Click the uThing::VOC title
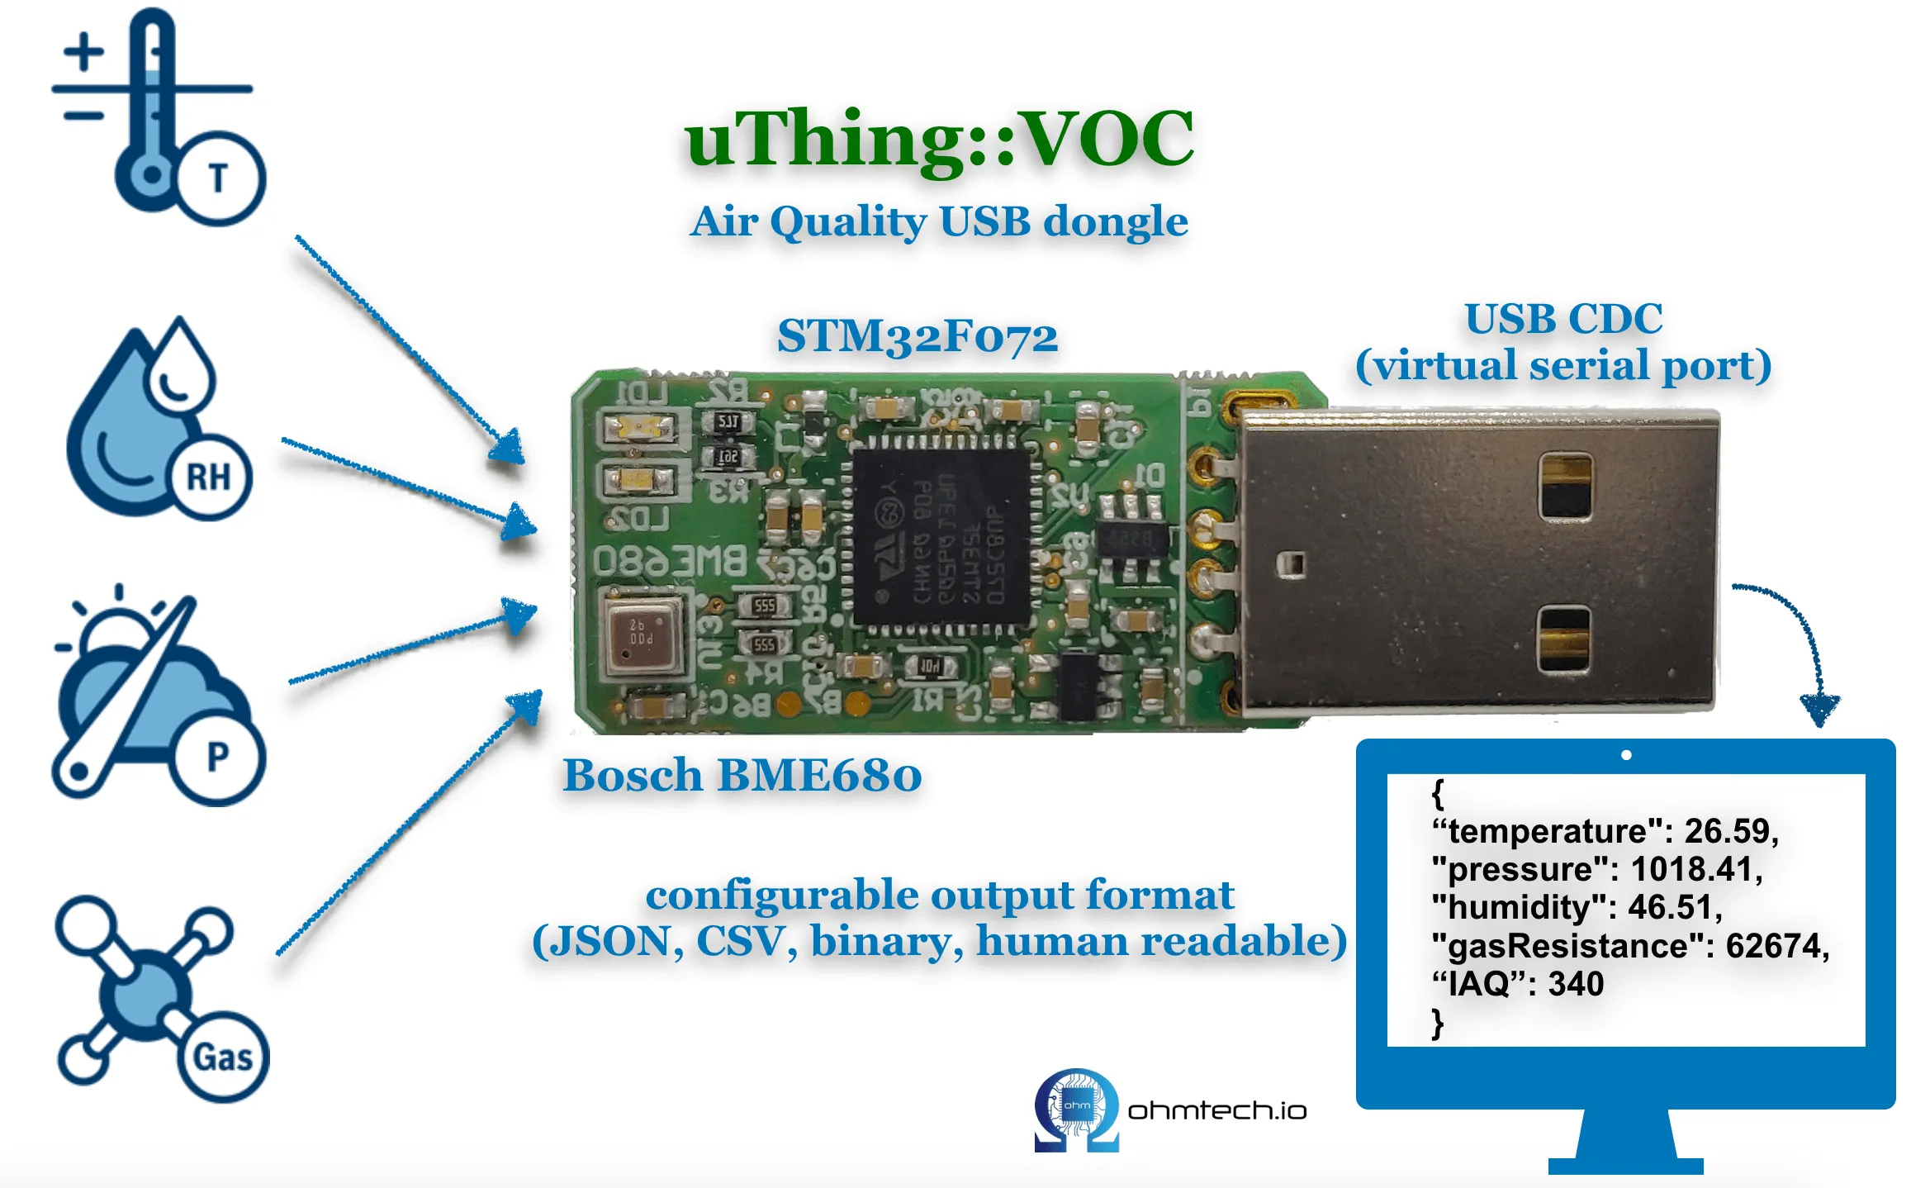(x=939, y=140)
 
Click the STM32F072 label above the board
(x=917, y=337)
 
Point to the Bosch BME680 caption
(x=742, y=777)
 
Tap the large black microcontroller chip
(x=941, y=537)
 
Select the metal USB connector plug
(x=1478, y=562)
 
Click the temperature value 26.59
(x=1729, y=831)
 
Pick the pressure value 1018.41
(x=1695, y=869)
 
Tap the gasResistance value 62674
(x=1776, y=946)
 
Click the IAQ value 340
(x=1575, y=984)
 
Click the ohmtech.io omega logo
(x=1076, y=1109)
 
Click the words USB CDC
(x=1563, y=319)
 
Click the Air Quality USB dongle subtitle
(x=939, y=222)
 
